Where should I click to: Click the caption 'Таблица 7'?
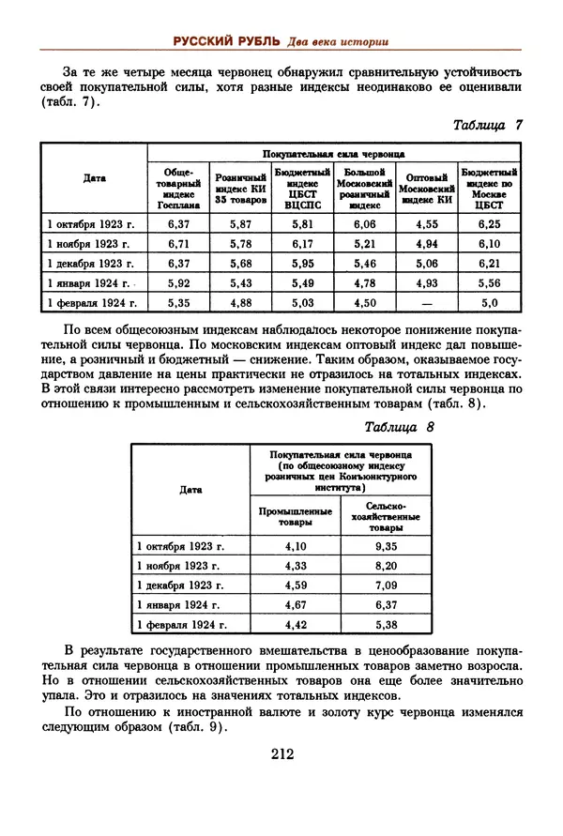(x=487, y=125)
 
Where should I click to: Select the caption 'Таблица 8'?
(x=400, y=428)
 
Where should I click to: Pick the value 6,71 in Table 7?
(x=178, y=244)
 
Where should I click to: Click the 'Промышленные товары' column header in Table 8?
(x=295, y=516)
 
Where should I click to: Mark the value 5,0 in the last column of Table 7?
(x=490, y=303)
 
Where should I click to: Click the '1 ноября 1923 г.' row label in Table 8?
(x=178, y=566)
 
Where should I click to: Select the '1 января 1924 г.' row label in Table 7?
(x=90, y=283)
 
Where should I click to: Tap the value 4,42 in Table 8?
(x=295, y=624)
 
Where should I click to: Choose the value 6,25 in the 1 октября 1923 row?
(x=490, y=224)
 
